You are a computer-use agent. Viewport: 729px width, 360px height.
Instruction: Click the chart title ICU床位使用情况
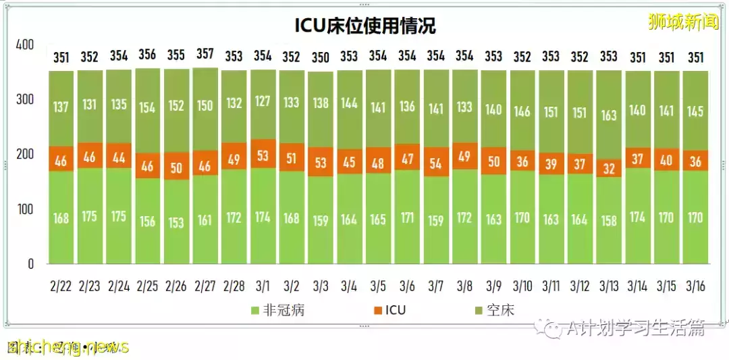coord(365,26)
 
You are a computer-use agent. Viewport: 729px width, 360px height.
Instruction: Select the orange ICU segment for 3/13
coord(609,168)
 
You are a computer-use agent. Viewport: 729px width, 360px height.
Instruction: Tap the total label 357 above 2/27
coord(205,55)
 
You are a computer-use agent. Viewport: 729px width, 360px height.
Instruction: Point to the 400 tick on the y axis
coord(24,45)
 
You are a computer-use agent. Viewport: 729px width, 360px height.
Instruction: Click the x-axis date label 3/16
coord(695,286)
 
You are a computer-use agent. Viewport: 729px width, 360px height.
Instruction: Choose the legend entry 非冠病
coord(273,310)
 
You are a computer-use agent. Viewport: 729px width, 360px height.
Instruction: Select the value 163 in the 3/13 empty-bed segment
coord(609,115)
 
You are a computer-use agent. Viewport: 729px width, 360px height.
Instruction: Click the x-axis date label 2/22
coord(60,286)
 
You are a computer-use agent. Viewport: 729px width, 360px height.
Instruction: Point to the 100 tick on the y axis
coord(24,209)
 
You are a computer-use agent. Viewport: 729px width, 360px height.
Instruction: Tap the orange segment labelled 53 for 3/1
coord(263,155)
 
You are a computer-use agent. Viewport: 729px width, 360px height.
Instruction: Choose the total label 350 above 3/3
coord(321,57)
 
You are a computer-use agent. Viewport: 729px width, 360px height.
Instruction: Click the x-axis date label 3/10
coord(522,286)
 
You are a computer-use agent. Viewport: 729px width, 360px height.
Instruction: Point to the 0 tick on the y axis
coord(30,264)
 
